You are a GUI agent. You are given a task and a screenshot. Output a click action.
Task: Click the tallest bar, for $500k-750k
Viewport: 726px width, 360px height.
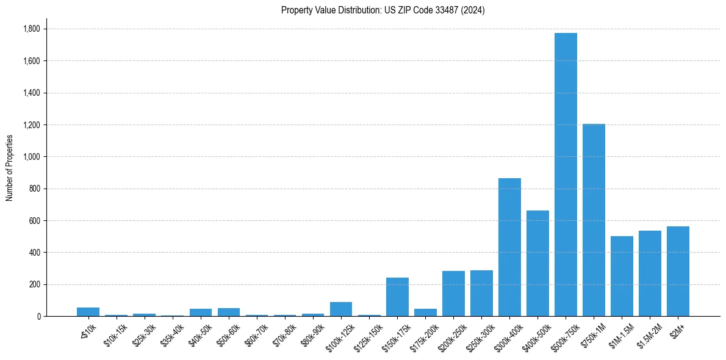[566, 175]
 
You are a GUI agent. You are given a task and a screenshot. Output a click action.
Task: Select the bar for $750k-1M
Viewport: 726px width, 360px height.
[594, 220]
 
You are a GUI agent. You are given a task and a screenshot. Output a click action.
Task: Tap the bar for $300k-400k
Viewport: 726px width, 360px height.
[509, 247]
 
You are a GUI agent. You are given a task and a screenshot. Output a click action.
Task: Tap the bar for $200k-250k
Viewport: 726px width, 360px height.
[453, 293]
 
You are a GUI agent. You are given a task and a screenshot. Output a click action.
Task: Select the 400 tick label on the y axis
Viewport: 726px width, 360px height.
[35, 253]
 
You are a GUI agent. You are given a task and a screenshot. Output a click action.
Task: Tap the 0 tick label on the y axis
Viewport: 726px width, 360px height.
[39, 317]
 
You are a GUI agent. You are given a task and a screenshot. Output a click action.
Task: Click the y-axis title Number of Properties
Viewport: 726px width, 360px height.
[9, 168]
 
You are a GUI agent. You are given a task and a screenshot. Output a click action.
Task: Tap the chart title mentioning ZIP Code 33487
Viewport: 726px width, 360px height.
[383, 10]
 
